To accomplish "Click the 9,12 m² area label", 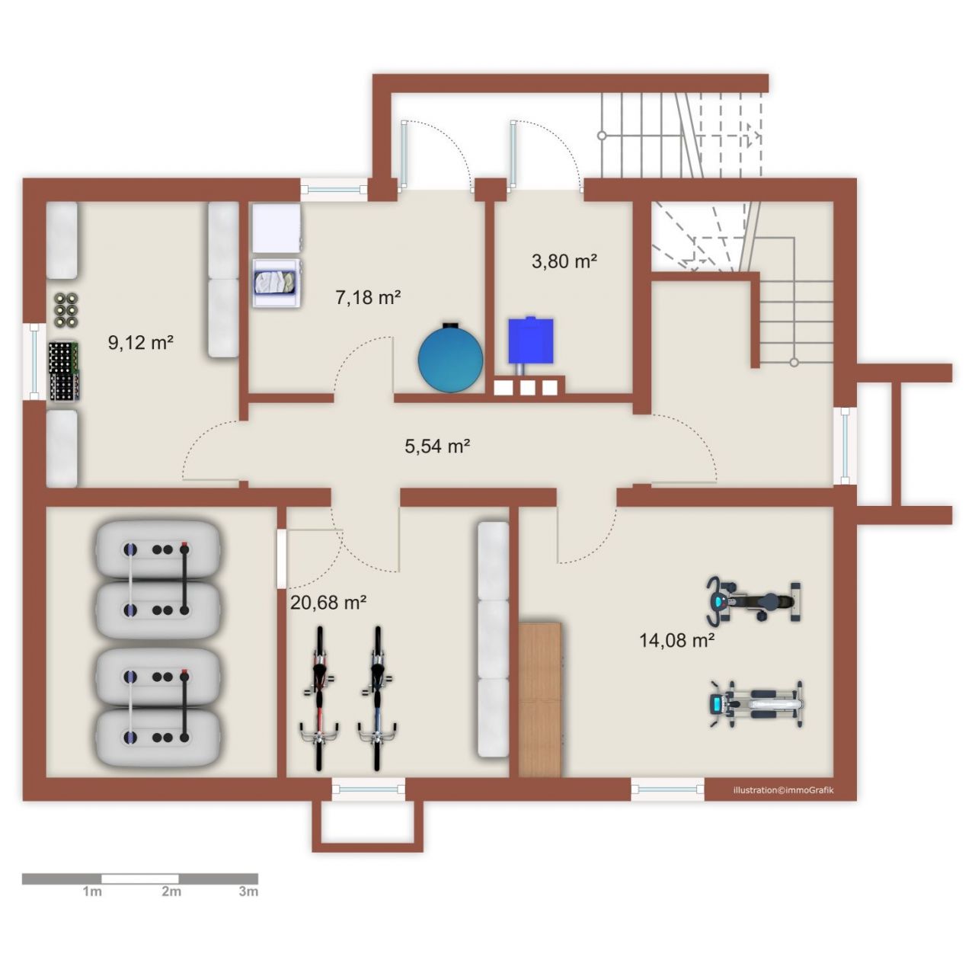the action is coord(141,343).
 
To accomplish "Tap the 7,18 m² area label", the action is coord(369,297).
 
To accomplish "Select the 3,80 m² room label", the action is coord(564,261).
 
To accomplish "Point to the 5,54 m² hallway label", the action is coord(438,446).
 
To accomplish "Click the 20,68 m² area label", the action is coord(328,603).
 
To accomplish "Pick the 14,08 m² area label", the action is coord(677,640).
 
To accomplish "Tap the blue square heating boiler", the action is coord(530,340).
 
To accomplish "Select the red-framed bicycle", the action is coord(319,699).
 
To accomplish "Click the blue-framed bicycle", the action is coord(377,699).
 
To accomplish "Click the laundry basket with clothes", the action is coord(277,283).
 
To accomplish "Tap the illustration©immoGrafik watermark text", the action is coord(783,789).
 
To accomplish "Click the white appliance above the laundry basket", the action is coord(277,228).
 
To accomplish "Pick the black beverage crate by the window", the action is coord(64,372).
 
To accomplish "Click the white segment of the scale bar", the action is coord(140,879).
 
